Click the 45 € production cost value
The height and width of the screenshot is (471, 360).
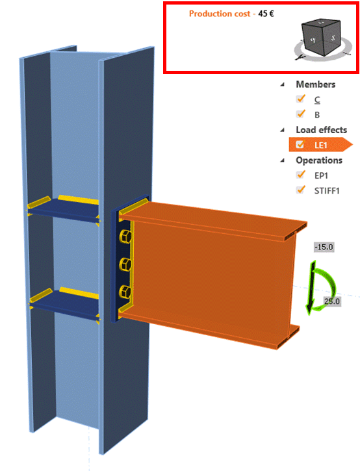266,14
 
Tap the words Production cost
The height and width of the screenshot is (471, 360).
220,14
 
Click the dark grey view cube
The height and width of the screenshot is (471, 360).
321,37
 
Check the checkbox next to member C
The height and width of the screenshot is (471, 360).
300,99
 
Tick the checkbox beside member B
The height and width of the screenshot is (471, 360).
300,114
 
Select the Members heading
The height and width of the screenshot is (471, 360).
316,84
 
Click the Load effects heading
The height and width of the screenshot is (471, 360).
321,130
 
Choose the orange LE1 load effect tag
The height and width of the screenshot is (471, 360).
320,145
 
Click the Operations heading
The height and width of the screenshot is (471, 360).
319,160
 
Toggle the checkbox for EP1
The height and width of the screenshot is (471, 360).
300,175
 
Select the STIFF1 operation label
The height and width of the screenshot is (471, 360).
327,191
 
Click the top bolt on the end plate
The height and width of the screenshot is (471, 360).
125,236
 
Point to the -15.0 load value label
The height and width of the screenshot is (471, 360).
324,248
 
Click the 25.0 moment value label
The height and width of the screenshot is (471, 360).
331,301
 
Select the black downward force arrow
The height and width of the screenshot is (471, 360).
312,286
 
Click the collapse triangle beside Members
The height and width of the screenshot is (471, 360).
283,84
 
